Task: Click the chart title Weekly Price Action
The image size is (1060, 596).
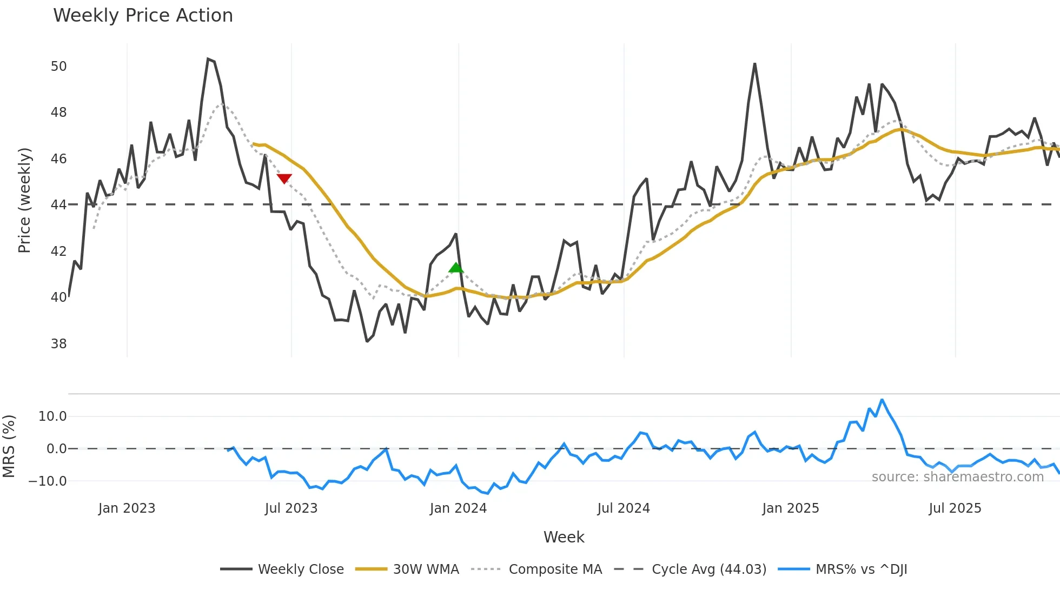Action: click(143, 15)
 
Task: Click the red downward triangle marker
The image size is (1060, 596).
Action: click(284, 178)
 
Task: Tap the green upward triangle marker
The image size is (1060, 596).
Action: click(456, 268)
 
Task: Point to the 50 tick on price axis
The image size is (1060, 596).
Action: click(58, 67)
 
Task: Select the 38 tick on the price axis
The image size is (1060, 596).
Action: click(58, 344)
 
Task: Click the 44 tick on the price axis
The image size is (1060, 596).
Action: click(58, 205)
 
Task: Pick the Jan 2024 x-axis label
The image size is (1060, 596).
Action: click(458, 508)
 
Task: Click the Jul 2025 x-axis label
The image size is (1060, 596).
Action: click(955, 508)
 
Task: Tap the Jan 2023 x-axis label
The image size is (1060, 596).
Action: click(127, 508)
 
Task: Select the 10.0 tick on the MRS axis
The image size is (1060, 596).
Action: click(52, 416)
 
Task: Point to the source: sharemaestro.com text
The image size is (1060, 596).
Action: click(957, 477)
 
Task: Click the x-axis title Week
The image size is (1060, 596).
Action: click(564, 537)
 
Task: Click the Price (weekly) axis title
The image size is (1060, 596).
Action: click(24, 200)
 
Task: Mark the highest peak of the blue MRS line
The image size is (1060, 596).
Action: click(882, 400)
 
